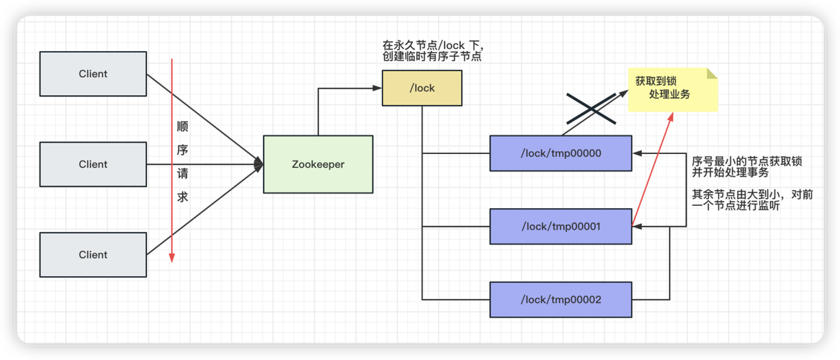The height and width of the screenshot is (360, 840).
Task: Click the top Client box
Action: [x=93, y=73]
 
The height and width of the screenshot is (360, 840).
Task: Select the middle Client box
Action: [x=93, y=164]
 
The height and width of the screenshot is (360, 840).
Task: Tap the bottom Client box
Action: [x=93, y=255]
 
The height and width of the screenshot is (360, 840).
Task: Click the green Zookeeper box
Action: [x=318, y=164]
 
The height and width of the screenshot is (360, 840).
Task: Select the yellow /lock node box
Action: [x=421, y=88]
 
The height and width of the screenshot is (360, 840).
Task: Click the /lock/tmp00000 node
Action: [x=560, y=153]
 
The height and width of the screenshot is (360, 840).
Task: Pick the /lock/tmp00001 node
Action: [x=560, y=227]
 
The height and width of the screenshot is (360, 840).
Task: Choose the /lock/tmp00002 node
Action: [x=560, y=300]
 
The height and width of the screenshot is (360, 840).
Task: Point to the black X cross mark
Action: [x=590, y=109]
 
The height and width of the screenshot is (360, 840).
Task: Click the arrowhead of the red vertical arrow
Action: [x=171, y=258]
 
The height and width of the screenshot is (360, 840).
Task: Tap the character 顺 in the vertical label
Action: [x=182, y=127]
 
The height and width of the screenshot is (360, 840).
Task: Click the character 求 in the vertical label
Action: [x=182, y=197]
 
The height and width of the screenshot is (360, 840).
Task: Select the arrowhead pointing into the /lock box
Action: [x=377, y=88]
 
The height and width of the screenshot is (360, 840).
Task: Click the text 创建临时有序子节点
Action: [x=432, y=56]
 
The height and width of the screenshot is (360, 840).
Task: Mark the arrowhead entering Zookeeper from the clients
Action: [x=258, y=164]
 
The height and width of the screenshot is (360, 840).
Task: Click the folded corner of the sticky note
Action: [x=712, y=73]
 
